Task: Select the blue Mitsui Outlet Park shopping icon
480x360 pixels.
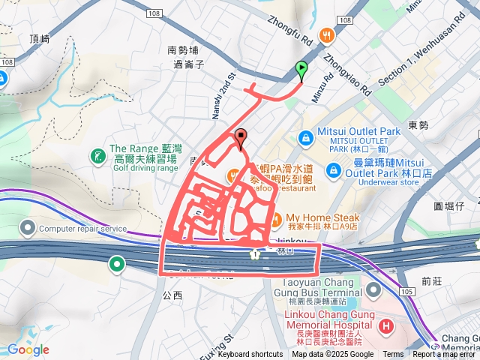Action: point(305,138)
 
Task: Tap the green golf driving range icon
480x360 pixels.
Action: point(97,156)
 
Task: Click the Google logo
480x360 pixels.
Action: point(28,349)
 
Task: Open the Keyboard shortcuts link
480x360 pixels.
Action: point(250,354)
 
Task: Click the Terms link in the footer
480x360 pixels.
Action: point(393,354)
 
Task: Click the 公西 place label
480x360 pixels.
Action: point(172,295)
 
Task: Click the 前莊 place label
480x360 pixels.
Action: point(433,281)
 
